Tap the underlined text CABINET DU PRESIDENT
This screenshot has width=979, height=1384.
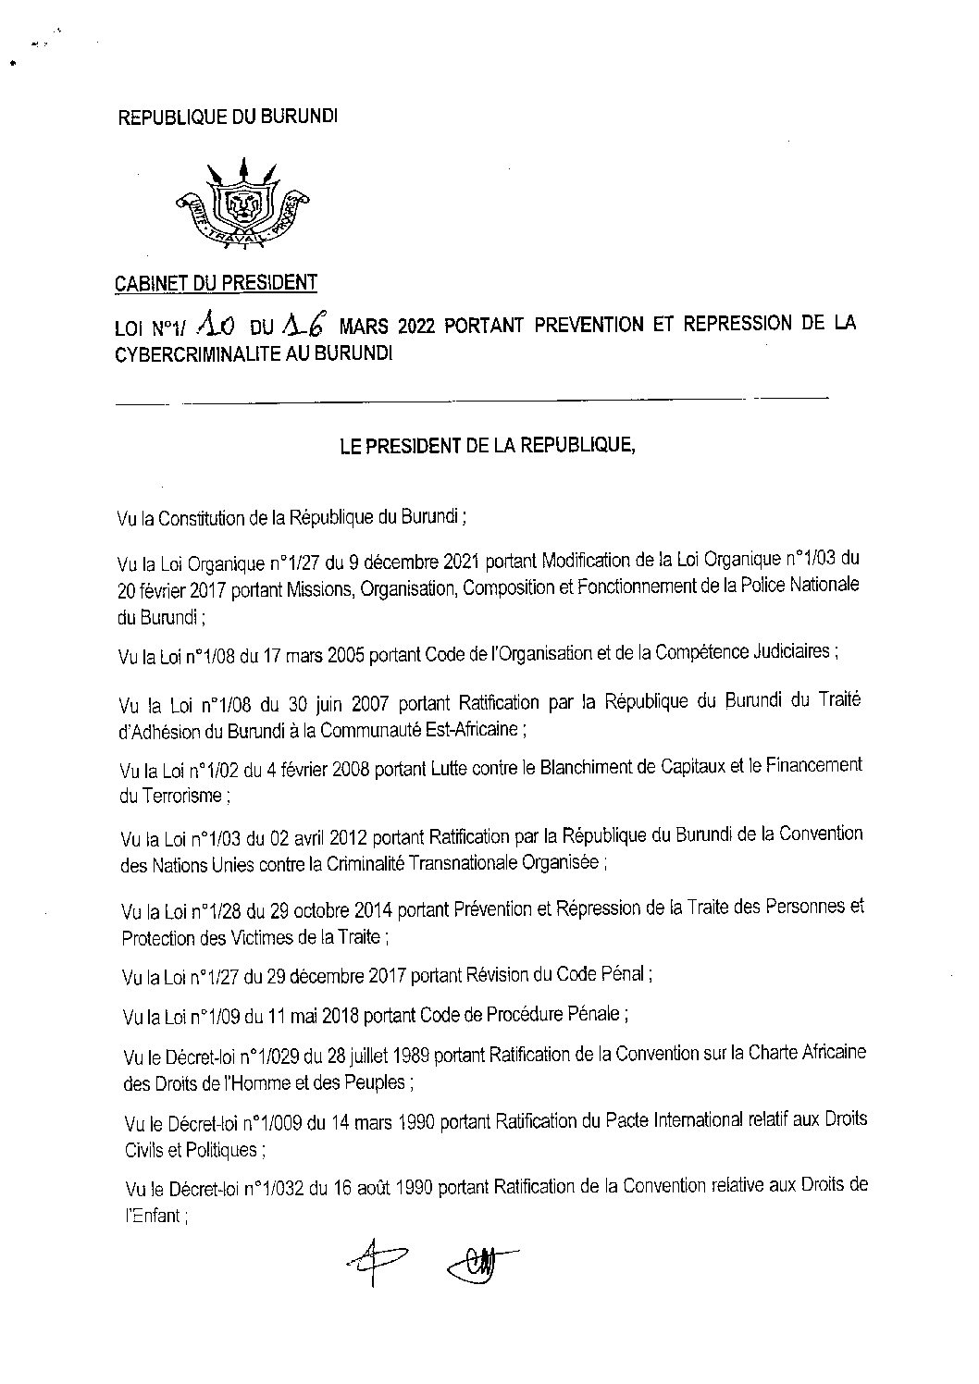[216, 282]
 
